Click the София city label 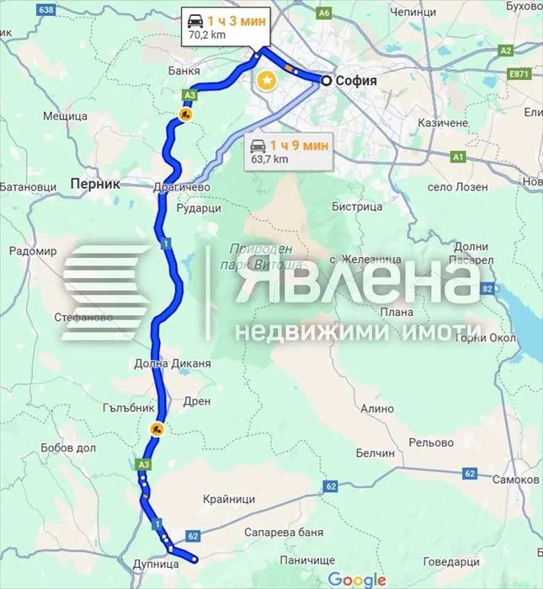355,81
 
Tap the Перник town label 96,183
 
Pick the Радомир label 33,251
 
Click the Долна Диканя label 172,364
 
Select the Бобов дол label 65,447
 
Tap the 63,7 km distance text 269,158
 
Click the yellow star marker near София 267,81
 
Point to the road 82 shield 487,289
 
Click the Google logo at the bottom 356,579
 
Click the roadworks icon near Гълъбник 157,428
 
